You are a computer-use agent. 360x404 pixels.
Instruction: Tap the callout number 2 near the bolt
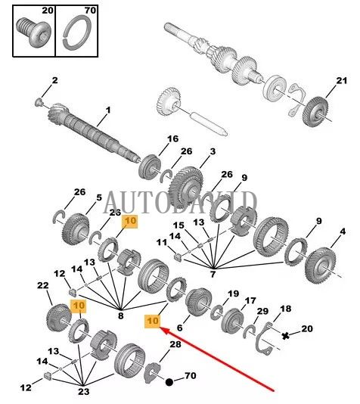(54, 80)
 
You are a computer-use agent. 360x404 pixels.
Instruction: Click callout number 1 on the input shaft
(107, 110)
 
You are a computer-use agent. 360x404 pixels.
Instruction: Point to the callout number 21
(341, 81)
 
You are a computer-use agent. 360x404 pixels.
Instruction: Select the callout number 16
(173, 138)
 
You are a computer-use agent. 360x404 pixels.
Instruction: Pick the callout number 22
(42, 285)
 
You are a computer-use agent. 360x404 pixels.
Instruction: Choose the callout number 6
(180, 328)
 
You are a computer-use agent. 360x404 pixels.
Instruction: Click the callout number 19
(233, 294)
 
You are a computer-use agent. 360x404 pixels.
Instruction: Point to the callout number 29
(262, 312)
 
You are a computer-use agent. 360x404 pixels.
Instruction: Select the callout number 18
(285, 309)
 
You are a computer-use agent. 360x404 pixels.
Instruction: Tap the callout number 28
(175, 345)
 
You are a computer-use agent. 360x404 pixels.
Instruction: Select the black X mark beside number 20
(286, 334)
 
